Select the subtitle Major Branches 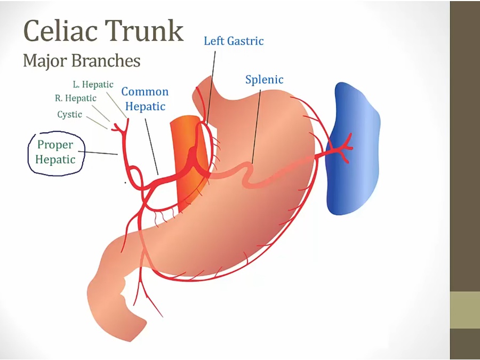coord(82,60)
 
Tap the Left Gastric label coord(234,41)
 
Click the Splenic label coord(264,80)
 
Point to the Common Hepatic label coord(145,99)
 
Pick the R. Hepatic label coord(76,98)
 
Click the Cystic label coord(70,114)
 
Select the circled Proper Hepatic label coord(56,152)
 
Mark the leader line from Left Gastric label coord(212,85)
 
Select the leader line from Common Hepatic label coord(151,144)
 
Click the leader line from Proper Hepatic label coord(101,154)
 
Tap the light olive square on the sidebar coord(465,310)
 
